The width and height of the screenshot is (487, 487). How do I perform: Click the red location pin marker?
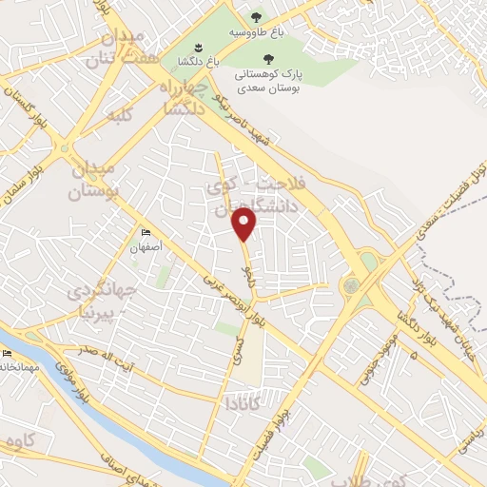coord(245,224)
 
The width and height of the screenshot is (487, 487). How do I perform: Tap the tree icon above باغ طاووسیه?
coord(255,17)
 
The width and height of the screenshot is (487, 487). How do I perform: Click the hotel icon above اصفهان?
coord(146,232)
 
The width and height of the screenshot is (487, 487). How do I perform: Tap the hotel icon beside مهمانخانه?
coord(7,353)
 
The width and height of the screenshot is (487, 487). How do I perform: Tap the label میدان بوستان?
coord(92,180)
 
